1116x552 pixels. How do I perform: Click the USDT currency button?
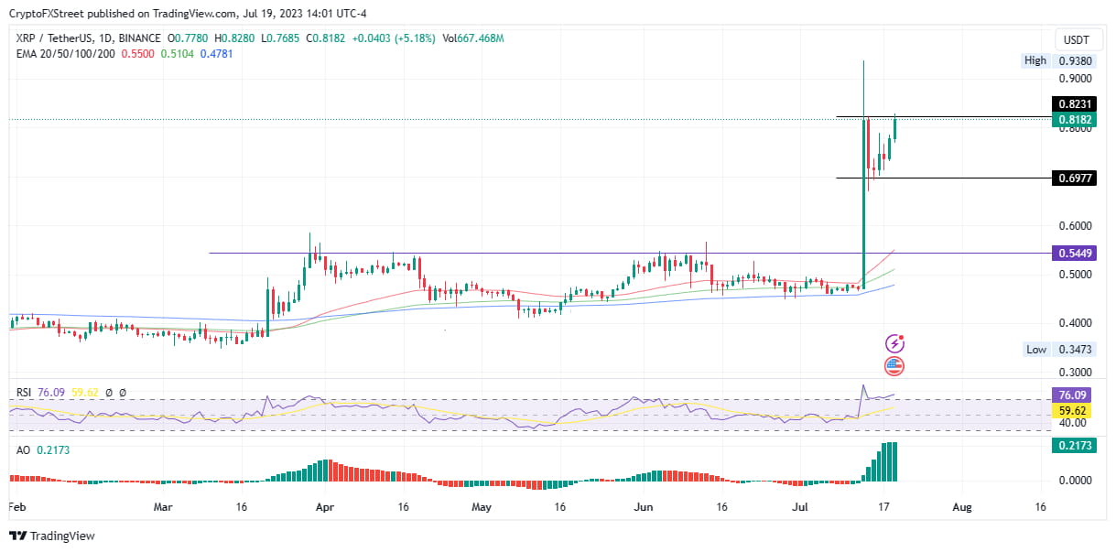1074,39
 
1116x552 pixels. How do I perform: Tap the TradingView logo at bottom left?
52,536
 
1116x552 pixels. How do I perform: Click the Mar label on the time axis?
163,506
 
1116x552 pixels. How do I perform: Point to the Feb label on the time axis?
17,506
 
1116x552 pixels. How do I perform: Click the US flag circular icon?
894,367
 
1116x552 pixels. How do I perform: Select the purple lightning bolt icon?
894,344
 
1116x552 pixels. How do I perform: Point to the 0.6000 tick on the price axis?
1074,226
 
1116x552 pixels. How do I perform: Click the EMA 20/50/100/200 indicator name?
66,54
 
